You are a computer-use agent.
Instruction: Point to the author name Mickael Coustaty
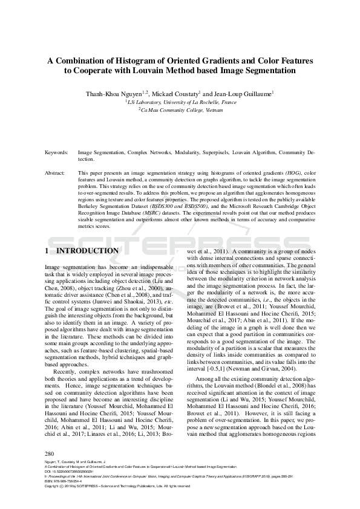click(x=175, y=94)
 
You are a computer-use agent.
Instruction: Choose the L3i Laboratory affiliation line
click(x=180, y=103)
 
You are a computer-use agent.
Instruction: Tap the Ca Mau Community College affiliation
click(x=180, y=110)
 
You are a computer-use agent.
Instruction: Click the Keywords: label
click(x=57, y=153)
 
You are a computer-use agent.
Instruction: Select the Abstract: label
click(x=56, y=173)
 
